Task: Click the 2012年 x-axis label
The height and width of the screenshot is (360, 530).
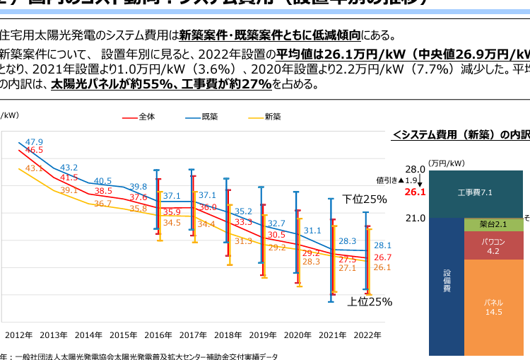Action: coord(18,335)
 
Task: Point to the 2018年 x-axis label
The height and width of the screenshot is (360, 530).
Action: coord(228,335)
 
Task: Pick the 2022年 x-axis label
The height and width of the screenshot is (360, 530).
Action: coord(367,335)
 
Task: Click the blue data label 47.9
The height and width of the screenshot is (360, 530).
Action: coord(34,141)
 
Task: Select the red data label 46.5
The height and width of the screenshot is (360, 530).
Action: coord(34,150)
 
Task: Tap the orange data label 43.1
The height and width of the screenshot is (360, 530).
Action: coord(34,168)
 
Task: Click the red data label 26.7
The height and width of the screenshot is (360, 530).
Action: coord(382,257)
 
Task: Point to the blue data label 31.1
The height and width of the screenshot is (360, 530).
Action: coord(312,231)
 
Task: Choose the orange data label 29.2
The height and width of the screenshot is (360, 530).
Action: coord(277,248)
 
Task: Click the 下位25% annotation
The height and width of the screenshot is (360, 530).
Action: coord(365,199)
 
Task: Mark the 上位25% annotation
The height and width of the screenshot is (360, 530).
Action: coord(369,302)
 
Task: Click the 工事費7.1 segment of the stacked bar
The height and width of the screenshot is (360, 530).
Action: coord(475,192)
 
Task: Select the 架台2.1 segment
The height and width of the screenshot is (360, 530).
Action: coord(494,224)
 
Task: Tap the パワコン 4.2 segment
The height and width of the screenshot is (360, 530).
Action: coord(494,246)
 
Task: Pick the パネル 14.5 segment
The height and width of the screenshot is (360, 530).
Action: coord(494,307)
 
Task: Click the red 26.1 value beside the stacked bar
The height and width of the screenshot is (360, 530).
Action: coord(415,192)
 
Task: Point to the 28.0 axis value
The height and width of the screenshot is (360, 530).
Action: coord(415,170)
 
